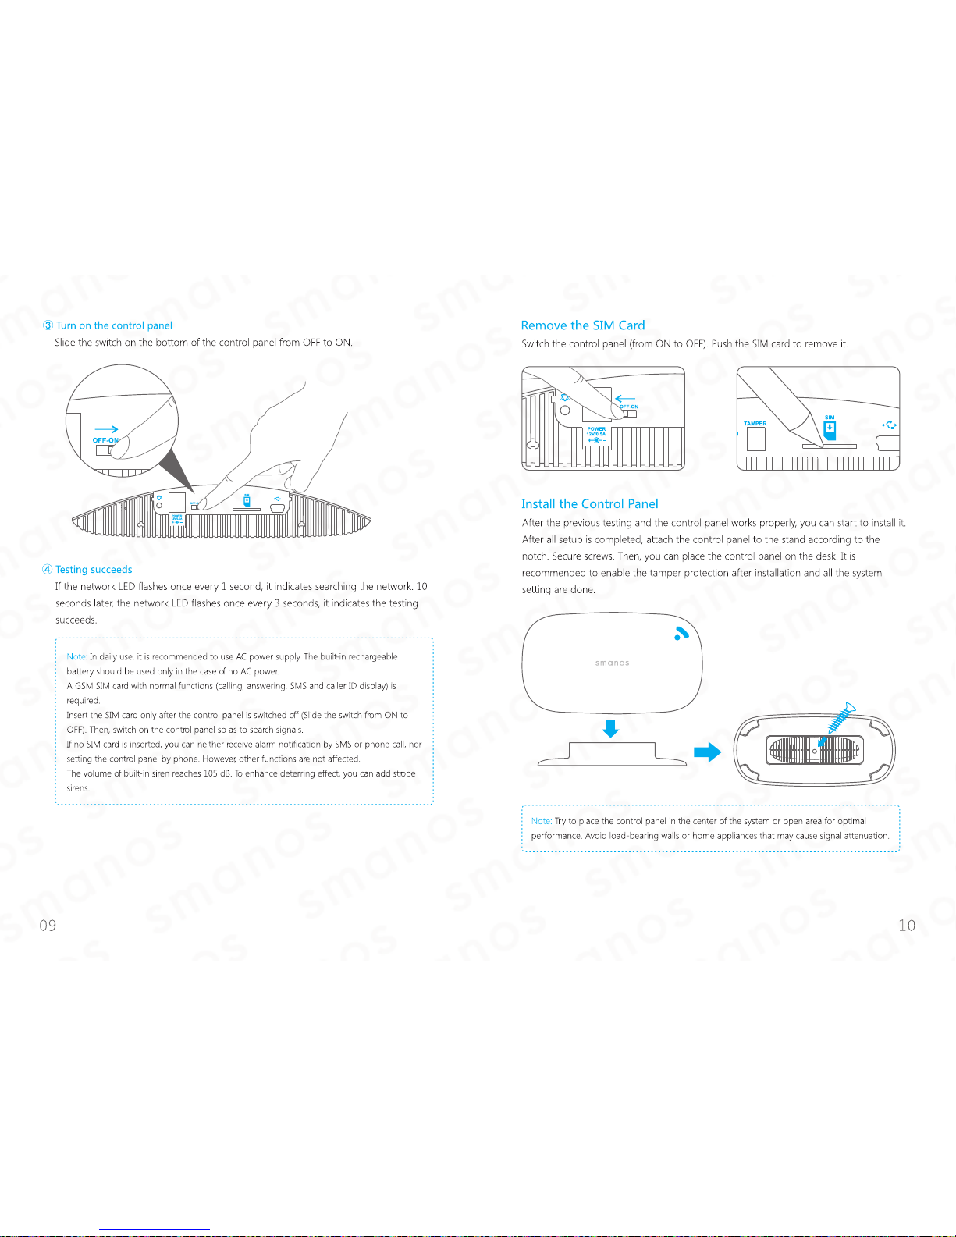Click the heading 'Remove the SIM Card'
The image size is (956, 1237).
583,325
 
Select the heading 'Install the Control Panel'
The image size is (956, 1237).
589,504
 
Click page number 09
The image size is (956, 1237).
48,925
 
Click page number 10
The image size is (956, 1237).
907,925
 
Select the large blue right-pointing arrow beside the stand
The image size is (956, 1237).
707,752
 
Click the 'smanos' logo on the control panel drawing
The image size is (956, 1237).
613,663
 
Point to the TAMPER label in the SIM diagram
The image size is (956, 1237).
755,424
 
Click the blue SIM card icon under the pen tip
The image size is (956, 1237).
830,431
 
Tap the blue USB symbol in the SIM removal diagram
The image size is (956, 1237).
890,425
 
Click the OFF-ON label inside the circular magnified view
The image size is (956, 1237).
105,440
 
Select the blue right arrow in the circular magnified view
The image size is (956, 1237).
106,429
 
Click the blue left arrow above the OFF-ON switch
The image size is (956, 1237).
625,399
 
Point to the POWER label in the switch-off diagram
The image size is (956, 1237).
596,429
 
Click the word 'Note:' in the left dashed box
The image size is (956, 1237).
76,656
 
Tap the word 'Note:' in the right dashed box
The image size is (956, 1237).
542,821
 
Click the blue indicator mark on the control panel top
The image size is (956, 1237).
681,633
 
